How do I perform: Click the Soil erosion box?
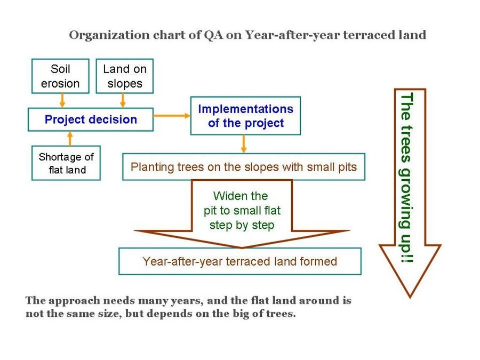click(60, 76)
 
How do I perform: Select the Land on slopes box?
click(125, 76)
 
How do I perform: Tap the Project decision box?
click(91, 119)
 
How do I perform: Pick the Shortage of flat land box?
click(66, 163)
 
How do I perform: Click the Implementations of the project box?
click(245, 116)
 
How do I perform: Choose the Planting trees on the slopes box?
click(244, 167)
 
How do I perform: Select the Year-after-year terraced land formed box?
click(240, 261)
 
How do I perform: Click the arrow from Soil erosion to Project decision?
click(62, 100)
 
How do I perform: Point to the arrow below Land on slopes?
click(123, 100)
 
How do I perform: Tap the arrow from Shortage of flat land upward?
click(70, 139)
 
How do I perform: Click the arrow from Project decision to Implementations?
click(172, 116)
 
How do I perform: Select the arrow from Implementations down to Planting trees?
click(244, 144)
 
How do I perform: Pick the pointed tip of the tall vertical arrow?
click(410, 298)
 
